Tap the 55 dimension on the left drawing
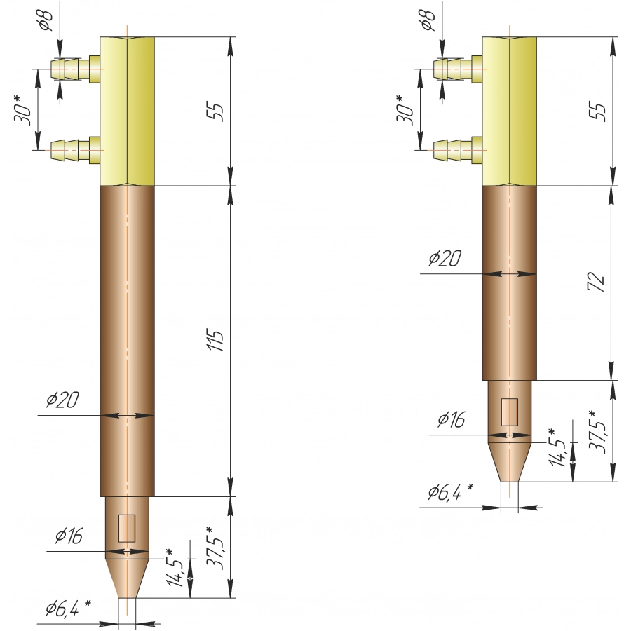tap(216, 112)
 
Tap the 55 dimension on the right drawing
tap(598, 112)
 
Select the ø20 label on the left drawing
tap(62, 400)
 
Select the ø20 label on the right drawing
tap(445, 258)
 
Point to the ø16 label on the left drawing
tap(69, 536)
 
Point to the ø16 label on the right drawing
tap(451, 419)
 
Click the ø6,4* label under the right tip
tap(451, 491)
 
